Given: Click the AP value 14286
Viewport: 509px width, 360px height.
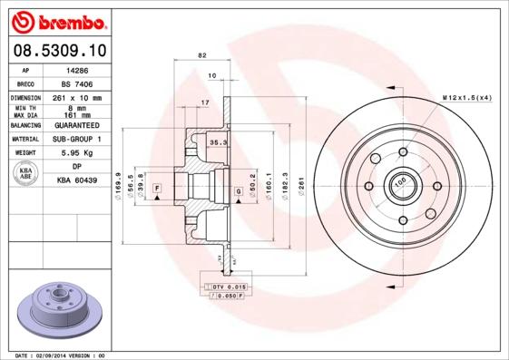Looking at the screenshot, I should click(77, 69).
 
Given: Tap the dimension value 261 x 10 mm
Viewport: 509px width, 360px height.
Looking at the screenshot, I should click(77, 97).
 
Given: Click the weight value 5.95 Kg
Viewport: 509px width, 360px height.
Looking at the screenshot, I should click(77, 153).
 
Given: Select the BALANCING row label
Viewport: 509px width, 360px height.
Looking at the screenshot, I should click(24, 126).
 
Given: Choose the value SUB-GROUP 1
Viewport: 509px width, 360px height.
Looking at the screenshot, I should click(77, 140).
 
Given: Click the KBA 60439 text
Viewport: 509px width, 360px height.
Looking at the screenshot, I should click(77, 181).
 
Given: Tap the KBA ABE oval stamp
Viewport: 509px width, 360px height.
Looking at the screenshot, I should click(25, 174).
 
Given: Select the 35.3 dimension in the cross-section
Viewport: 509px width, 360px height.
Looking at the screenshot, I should click(218, 143).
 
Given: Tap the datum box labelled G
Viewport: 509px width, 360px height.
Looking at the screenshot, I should click(238, 191).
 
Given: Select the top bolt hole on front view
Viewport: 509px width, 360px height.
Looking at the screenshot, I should click(400, 153).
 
